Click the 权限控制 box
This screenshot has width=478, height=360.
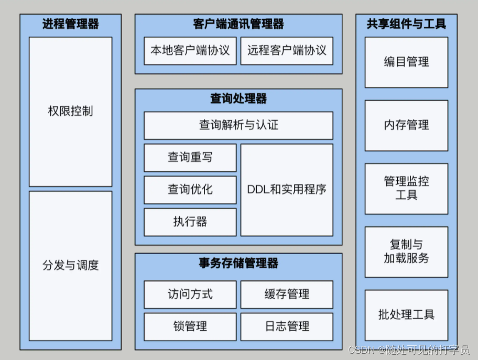tap(70, 111)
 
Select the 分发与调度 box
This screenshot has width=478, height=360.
tap(70, 265)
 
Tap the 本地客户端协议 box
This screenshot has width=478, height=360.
tap(190, 50)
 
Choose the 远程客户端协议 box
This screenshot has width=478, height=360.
tap(287, 50)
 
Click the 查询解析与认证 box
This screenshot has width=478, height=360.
tap(238, 125)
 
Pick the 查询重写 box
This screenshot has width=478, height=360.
tap(190, 157)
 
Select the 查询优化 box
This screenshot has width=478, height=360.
tap(190, 189)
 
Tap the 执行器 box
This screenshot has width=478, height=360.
tap(190, 222)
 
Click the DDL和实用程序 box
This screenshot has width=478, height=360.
tap(287, 189)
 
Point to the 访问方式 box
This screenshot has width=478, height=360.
tap(190, 294)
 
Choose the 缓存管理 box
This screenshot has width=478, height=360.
tap(287, 294)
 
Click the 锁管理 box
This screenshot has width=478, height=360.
tap(190, 326)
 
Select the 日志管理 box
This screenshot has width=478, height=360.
tap(287, 326)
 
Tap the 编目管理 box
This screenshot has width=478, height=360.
tap(406, 62)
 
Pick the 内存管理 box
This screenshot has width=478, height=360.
tap(406, 125)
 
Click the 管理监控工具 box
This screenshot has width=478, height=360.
tap(406, 189)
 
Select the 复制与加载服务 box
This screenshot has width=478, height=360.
tap(406, 252)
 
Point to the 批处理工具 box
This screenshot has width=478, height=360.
tap(406, 315)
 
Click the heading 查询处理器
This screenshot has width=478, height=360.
tap(238, 99)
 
